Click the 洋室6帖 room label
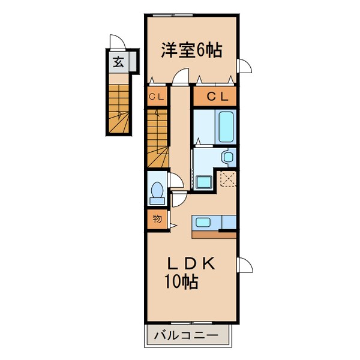click(191, 50)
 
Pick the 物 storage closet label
click(157, 219)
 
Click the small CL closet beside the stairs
click(157, 96)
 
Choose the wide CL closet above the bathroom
click(215, 96)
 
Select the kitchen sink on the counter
click(203, 223)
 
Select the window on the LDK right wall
click(244, 265)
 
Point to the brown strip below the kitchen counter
click(214, 234)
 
